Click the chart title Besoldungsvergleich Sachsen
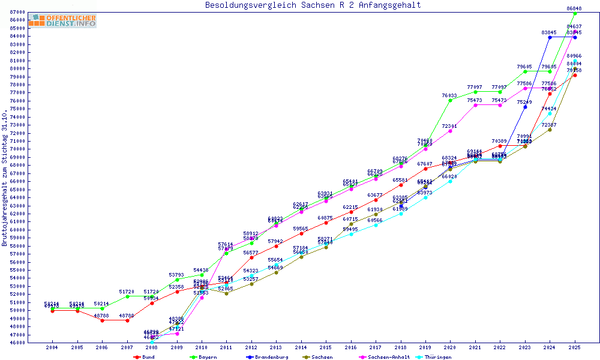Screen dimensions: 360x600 313,5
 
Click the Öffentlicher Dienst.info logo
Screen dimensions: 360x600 62,20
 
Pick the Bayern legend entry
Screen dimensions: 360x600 203,357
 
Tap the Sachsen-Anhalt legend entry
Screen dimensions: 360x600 388,357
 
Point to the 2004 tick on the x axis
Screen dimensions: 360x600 52,347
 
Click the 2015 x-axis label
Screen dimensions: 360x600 325,347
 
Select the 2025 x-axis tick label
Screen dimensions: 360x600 574,347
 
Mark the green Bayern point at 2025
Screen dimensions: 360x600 575,13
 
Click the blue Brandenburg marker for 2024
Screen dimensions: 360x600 550,37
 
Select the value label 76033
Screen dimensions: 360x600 449,95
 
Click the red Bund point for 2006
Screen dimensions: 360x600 102,320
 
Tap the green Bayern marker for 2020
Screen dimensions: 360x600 450,100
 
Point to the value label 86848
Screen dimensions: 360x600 574,8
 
